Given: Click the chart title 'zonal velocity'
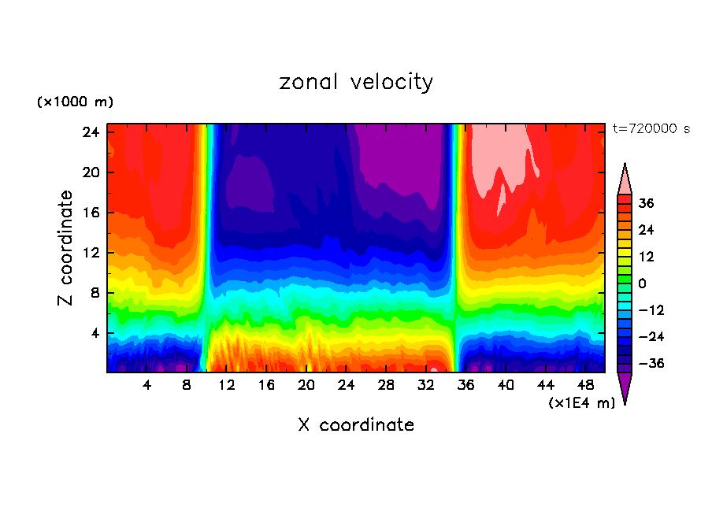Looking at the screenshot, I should pyautogui.click(x=356, y=82).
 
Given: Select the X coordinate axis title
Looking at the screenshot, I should pyautogui.click(x=356, y=425).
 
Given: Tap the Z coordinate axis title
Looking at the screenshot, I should pyautogui.click(x=66, y=248).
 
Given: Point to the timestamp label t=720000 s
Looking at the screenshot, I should pyautogui.click(x=651, y=128).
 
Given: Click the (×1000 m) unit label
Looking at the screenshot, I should pyautogui.click(x=75, y=102).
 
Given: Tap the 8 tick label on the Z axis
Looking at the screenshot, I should pyautogui.click(x=95, y=293).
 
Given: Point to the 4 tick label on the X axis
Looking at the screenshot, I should pyautogui.click(x=147, y=385).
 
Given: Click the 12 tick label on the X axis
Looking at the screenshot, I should pyautogui.click(x=227, y=385).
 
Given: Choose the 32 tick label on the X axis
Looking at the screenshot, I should pyautogui.click(x=426, y=385).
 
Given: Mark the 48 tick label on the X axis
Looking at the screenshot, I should pyautogui.click(x=585, y=385).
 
